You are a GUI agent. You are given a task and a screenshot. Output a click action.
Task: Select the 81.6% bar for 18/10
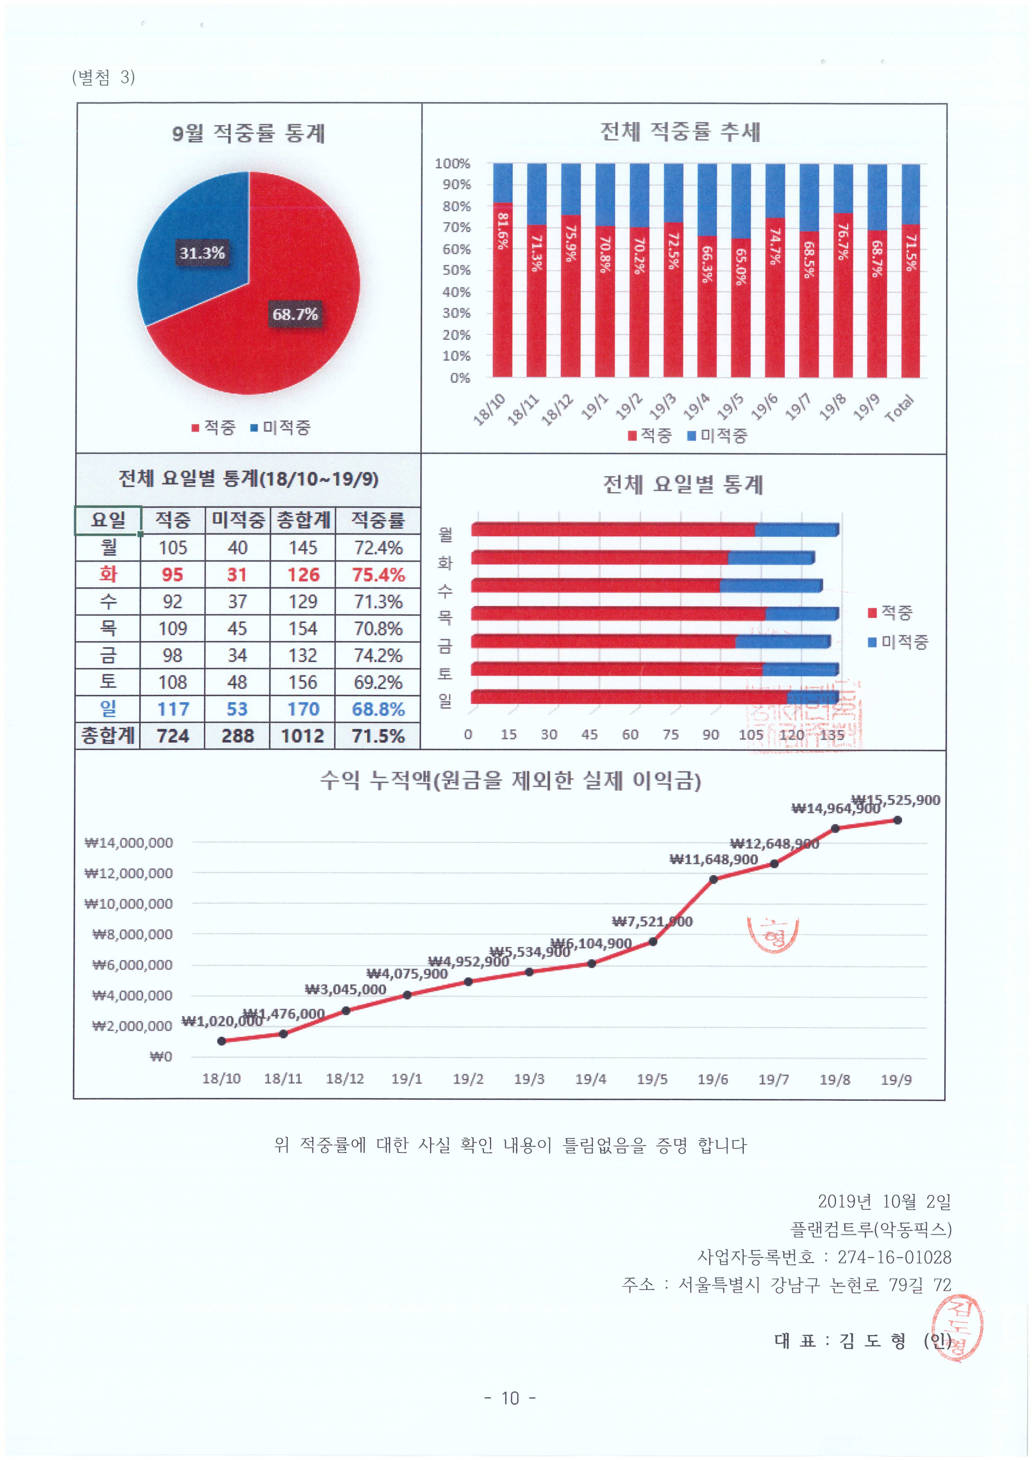503,289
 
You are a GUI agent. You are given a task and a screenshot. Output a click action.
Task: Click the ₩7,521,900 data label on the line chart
652,921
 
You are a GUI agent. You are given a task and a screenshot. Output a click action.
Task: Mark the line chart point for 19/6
713,879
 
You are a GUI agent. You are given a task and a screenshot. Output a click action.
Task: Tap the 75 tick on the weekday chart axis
670,735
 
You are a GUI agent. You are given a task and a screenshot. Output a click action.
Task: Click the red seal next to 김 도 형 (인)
957,1328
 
